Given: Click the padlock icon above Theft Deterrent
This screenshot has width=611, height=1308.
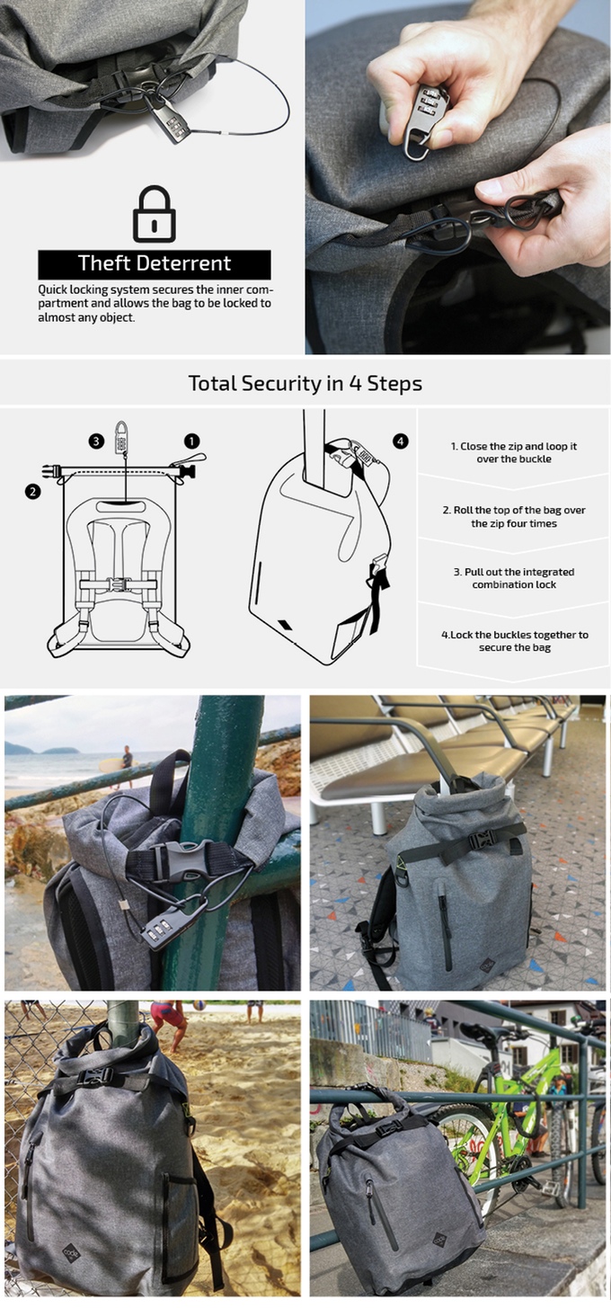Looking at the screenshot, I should click(154, 213).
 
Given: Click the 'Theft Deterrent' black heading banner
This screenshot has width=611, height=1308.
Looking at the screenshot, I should click(154, 263).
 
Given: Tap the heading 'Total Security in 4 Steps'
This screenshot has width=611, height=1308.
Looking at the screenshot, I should click(305, 383).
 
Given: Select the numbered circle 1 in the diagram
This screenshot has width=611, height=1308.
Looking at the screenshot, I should click(191, 440).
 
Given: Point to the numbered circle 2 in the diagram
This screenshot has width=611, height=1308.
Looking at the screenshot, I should click(32, 491).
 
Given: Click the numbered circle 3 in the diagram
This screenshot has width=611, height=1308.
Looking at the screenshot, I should click(95, 440).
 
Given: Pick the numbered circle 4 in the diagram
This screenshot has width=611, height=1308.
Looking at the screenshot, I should click(400, 440).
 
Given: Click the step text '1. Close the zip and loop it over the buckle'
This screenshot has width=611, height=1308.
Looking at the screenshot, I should click(514, 452).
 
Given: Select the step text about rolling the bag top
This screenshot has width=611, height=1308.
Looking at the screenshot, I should click(514, 516).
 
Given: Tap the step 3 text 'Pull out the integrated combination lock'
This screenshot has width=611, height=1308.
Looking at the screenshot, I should click(514, 578).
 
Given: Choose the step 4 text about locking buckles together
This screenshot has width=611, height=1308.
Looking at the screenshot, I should click(514, 641).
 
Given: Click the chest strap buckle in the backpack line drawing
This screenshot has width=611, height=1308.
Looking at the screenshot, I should click(119, 583).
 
